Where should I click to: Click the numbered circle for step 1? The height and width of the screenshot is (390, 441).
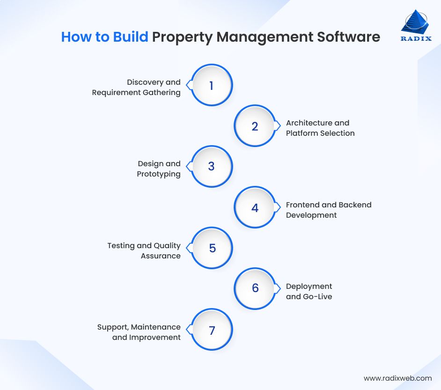pos(212,86)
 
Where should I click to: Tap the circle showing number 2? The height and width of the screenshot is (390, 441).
pos(255,126)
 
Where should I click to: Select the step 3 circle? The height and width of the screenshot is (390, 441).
pos(212,167)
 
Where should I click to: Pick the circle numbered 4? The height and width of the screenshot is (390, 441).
pos(255,208)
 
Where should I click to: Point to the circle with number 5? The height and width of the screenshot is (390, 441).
pos(212,248)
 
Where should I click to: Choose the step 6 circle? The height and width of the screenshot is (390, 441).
pos(255,288)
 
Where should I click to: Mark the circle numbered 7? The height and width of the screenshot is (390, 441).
pos(212,330)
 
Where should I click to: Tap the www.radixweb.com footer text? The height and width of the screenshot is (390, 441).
pos(397,378)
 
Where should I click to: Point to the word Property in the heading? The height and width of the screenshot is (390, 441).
pos(182,37)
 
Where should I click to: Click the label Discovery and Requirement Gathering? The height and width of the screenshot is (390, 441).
pos(136,88)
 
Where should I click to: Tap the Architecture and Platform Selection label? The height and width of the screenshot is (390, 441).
pos(320,128)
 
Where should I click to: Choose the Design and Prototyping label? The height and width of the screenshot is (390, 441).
pos(159,169)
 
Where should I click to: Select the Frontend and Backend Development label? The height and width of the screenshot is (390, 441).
pos(329,210)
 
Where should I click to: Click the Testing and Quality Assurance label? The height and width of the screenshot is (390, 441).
pos(144,250)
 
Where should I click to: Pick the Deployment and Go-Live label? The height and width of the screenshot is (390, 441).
pos(309,291)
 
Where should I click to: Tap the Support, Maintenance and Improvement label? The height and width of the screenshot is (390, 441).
pos(139,332)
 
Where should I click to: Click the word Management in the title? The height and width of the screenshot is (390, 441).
pos(264,37)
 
